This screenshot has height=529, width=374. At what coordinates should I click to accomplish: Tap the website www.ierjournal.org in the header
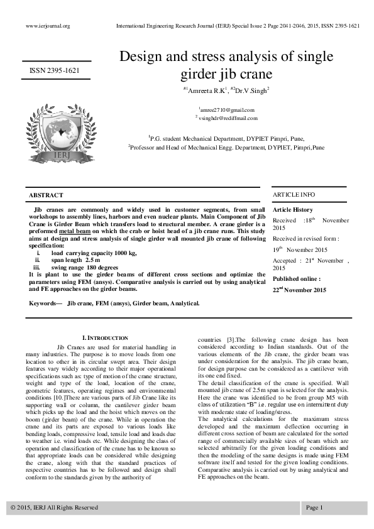(47, 26)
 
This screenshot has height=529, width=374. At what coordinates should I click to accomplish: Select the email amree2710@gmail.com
(226, 109)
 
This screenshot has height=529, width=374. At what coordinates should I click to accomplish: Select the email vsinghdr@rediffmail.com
(226, 117)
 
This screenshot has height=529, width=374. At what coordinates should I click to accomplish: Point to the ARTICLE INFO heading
(294, 195)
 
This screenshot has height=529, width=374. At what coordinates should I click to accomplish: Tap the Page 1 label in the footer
(314, 507)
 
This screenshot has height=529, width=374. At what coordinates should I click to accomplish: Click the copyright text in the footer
(54, 507)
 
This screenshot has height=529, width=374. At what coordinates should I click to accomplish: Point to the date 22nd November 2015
(299, 290)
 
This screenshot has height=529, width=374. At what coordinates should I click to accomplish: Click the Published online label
(296, 278)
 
